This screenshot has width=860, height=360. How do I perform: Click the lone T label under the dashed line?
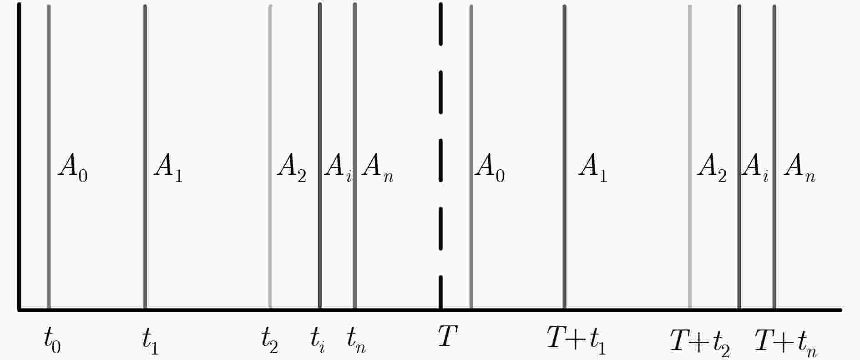(x=448, y=337)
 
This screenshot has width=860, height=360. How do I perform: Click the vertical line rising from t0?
(x=49, y=157)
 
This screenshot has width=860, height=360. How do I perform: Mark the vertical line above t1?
(x=145, y=157)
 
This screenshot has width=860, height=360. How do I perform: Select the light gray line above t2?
(x=270, y=157)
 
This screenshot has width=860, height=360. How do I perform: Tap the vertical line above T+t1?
(x=565, y=157)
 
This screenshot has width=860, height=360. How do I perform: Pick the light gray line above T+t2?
(x=690, y=157)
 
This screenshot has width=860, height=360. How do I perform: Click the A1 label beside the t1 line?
(x=168, y=167)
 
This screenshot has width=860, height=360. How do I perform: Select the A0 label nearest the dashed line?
(x=490, y=167)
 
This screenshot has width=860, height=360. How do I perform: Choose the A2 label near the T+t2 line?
(x=712, y=167)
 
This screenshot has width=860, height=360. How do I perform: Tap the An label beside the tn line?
(x=378, y=167)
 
